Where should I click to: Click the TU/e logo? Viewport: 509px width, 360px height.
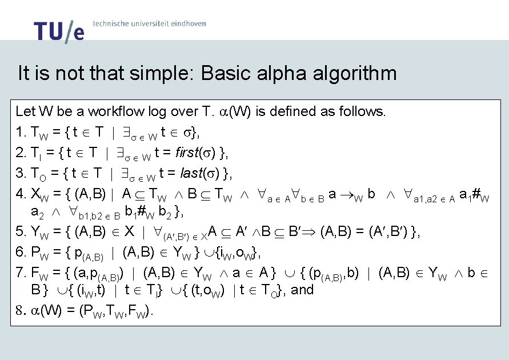(x=58, y=31)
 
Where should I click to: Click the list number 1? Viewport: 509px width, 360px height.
(x=21, y=132)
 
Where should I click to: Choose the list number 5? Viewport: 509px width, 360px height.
(x=21, y=232)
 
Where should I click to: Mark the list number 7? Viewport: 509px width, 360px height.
(x=21, y=273)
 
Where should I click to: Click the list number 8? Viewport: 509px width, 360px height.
(x=20, y=311)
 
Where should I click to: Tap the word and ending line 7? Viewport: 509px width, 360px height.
(x=302, y=290)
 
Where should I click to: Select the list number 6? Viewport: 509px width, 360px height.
(x=21, y=253)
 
